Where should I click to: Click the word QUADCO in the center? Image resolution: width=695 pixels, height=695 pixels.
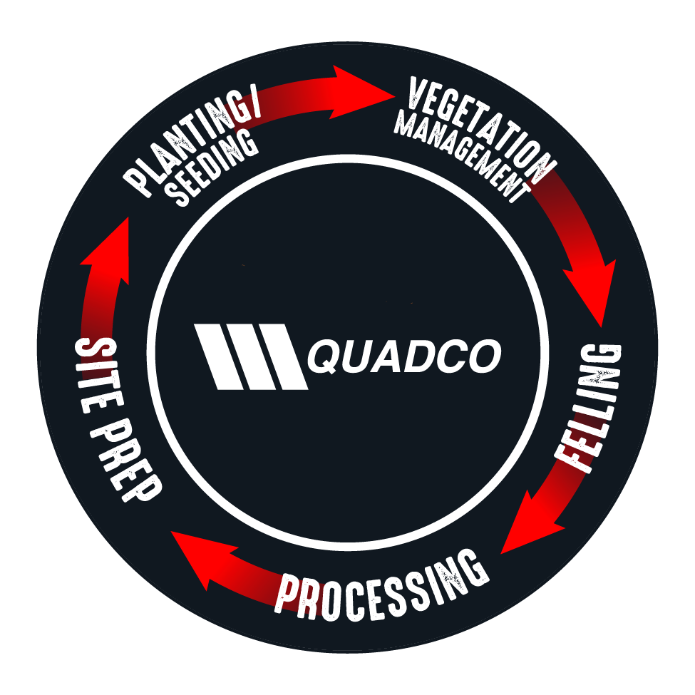[x=404, y=356]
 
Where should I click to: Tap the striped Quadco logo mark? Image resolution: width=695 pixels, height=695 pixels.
[x=251, y=357]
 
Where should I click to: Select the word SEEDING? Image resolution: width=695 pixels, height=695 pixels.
[x=212, y=170]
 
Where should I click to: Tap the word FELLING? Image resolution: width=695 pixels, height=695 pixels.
[x=589, y=408]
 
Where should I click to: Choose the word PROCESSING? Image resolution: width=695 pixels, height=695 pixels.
[x=382, y=585]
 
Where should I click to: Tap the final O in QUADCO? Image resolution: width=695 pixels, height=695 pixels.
[x=485, y=356]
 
